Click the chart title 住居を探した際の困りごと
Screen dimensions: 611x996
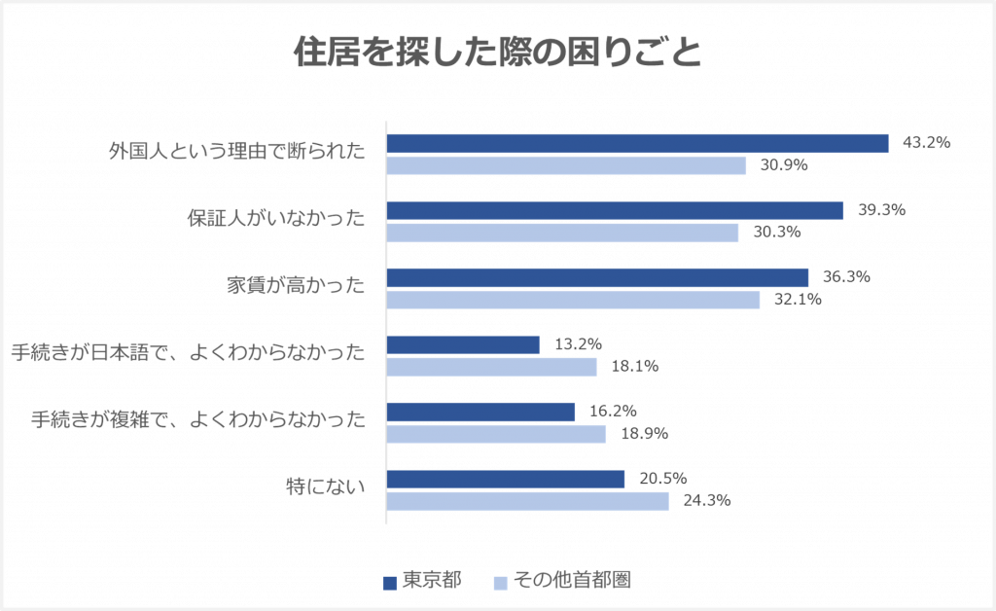tap(497, 54)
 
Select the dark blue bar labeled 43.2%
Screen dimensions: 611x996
tap(637, 143)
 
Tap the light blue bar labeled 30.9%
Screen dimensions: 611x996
tap(566, 165)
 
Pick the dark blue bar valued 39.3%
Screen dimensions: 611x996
tap(615, 210)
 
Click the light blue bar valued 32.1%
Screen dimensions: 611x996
tap(573, 300)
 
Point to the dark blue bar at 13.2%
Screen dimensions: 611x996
tap(463, 344)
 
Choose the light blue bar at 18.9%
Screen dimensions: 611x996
tap(496, 434)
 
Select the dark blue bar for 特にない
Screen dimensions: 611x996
tap(506, 479)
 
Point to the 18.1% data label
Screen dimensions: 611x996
tap(634, 367)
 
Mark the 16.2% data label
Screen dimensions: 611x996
tap(613, 412)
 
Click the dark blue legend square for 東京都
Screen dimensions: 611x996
tap(390, 582)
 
